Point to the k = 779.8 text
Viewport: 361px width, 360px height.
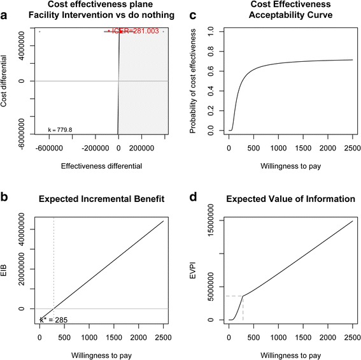click(61, 129)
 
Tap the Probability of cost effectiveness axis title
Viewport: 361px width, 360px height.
click(195, 81)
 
